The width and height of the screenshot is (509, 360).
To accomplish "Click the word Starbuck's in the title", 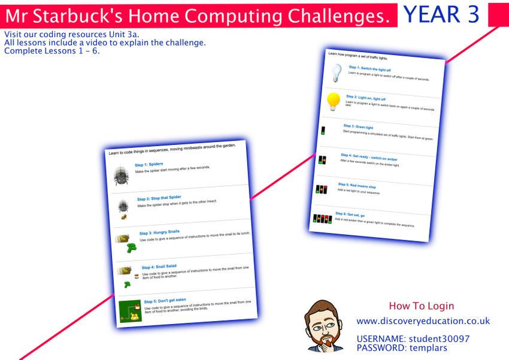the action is pyautogui.click(x=78, y=16).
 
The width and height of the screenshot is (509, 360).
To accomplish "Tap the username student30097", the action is pyautogui.click(x=439, y=339).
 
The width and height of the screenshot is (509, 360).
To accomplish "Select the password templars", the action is pyautogui.click(x=428, y=348).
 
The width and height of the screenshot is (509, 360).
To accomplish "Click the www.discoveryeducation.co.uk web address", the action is pyautogui.click(x=423, y=321).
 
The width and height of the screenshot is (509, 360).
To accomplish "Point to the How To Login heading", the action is pyautogui.click(x=422, y=305).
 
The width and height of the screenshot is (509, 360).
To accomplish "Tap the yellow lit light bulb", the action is pyautogui.click(x=334, y=101).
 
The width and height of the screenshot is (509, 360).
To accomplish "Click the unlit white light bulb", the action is pyautogui.click(x=336, y=72).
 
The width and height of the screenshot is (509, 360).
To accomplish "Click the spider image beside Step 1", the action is pyautogui.click(x=121, y=176).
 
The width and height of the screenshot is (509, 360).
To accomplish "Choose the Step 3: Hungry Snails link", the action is pyautogui.click(x=159, y=232).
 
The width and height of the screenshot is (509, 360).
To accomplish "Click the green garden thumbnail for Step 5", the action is pyautogui.click(x=130, y=311).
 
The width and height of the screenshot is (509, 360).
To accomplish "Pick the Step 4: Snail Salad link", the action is pyautogui.click(x=159, y=267).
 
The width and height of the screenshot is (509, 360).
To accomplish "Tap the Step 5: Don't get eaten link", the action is pyautogui.click(x=165, y=301).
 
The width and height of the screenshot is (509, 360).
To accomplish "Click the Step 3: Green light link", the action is pyautogui.click(x=358, y=126).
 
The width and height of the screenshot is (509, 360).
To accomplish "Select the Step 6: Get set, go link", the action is pyautogui.click(x=350, y=214).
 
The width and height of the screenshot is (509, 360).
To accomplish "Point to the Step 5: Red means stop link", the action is pyautogui.click(x=357, y=185).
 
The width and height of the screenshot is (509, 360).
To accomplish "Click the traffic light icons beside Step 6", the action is pyautogui.click(x=322, y=219).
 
